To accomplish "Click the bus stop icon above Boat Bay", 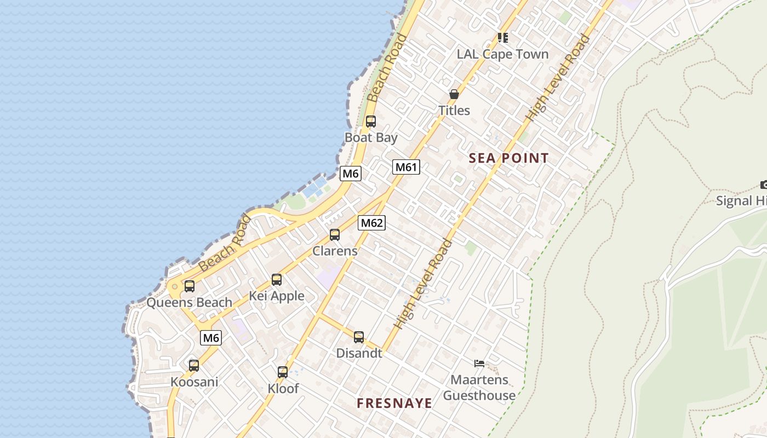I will tap(371, 122).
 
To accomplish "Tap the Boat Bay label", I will tap(371, 137).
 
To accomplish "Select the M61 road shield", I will tap(406, 167).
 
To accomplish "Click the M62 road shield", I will tap(371, 223).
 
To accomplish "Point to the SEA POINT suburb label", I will tap(508, 159).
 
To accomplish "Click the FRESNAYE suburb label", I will tap(394, 404).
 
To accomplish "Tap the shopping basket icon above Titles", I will tap(454, 94).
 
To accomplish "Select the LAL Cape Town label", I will tap(502, 54).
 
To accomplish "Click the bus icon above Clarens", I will tap(335, 235).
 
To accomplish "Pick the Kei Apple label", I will tap(277, 296).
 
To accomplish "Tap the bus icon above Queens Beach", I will tap(190, 286).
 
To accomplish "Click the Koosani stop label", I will tap(194, 382).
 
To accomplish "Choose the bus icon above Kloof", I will tap(283, 372).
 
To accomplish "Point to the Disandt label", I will tap(359, 353).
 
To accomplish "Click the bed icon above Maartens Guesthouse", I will tap(479, 363).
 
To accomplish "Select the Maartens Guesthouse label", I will tap(479, 388).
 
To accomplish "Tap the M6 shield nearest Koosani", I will tap(211, 338).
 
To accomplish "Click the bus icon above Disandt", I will tap(359, 337).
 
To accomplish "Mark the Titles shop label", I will tap(454, 111).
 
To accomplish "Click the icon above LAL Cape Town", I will tap(502, 38).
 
